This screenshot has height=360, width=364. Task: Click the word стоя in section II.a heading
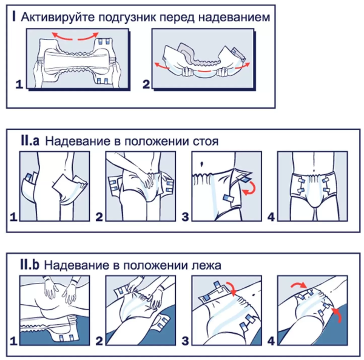[206, 141]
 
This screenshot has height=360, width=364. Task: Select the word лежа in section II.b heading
[206, 265]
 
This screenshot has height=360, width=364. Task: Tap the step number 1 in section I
[19, 86]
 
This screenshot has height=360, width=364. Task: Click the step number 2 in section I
[146, 86]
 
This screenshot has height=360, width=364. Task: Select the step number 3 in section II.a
[186, 216]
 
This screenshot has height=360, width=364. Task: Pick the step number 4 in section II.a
[271, 216]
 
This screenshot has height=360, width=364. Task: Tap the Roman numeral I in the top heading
[14, 17]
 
